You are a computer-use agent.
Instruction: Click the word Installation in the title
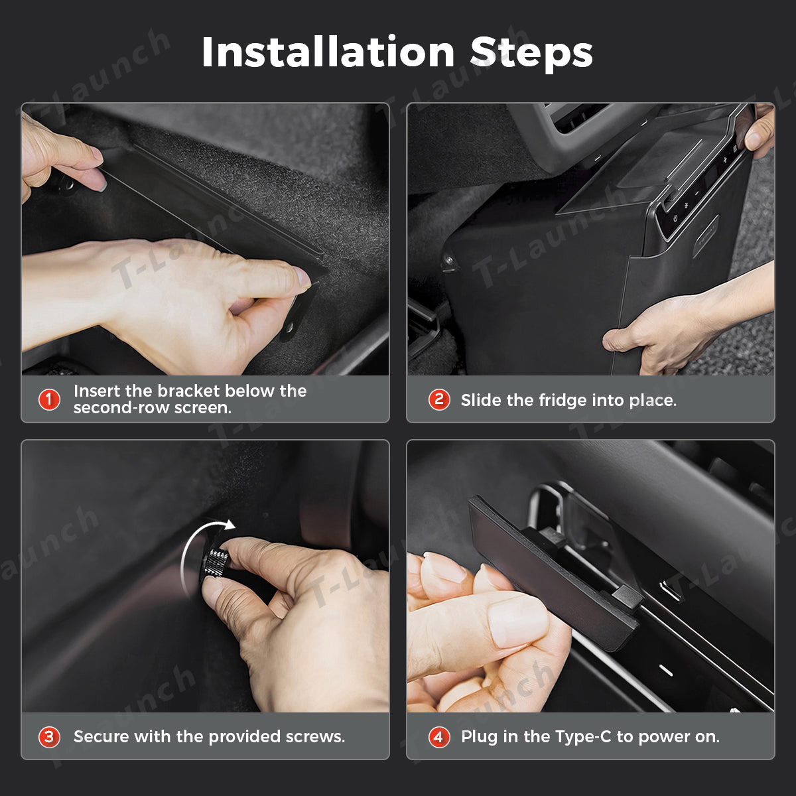[328, 52]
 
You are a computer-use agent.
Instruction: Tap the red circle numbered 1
[49, 399]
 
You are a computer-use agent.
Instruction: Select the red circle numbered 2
[438, 399]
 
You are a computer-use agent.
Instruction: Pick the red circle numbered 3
[49, 736]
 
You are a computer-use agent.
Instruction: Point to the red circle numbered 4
[438, 736]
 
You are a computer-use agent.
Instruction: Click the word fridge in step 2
[559, 400]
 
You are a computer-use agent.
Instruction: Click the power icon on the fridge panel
[675, 218]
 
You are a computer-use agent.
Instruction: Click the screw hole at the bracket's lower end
[290, 328]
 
